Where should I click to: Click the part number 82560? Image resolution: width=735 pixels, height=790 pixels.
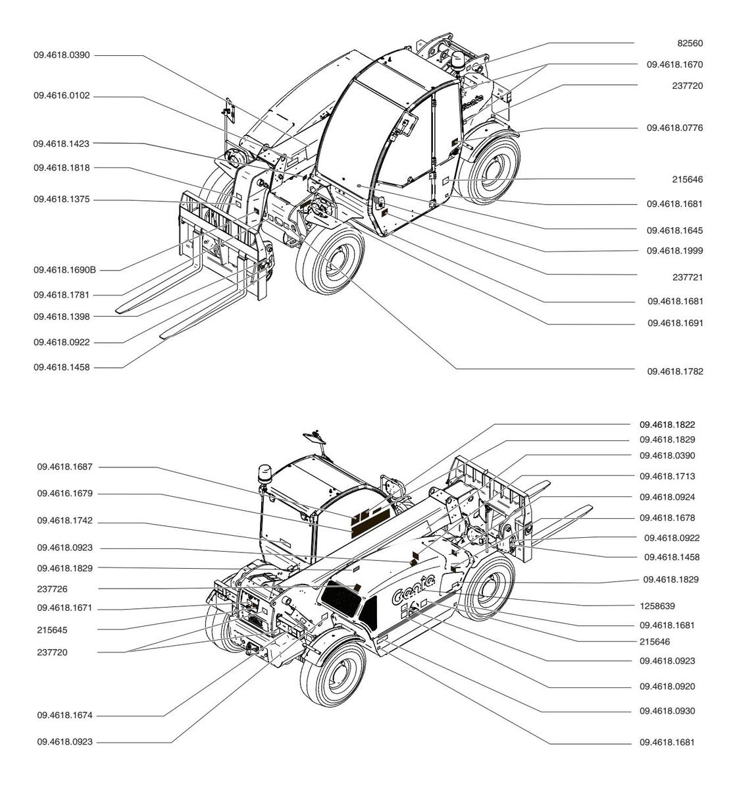pos(690,43)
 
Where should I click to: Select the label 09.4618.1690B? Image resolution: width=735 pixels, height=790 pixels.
pos(65,270)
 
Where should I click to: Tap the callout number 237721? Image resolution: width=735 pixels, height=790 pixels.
pos(687,277)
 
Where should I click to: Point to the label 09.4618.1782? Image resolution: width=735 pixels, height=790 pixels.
pos(675,371)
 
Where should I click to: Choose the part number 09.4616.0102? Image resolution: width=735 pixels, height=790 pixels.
pos(62,96)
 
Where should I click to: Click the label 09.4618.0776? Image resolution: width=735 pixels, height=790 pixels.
pos(674,128)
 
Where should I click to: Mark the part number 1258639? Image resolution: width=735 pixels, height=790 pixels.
pos(657,606)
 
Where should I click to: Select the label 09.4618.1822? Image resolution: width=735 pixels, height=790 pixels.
pos(667,425)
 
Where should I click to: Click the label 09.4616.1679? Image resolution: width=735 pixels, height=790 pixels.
pos(65,494)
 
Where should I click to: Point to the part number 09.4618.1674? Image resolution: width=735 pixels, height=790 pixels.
pos(65,716)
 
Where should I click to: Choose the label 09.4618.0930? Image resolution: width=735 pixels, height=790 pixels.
pos(667,711)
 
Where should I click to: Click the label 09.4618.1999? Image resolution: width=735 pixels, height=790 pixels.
pos(674,251)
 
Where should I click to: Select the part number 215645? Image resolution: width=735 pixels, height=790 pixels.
pos(52,631)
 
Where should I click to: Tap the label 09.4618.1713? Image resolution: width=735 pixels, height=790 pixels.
pos(667,477)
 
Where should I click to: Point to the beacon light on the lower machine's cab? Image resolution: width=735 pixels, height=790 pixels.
pos(265,474)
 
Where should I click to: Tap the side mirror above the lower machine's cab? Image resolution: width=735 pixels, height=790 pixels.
pos(315,438)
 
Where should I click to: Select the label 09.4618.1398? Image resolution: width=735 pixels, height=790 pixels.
pos(62,317)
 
